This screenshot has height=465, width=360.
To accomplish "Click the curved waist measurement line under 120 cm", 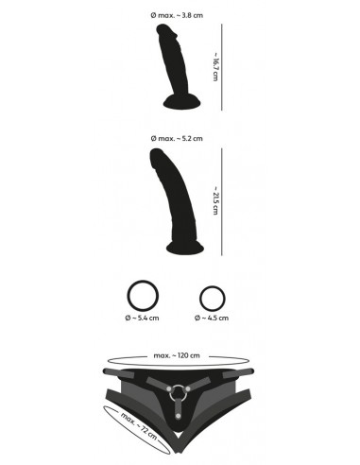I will tap(180, 363).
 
